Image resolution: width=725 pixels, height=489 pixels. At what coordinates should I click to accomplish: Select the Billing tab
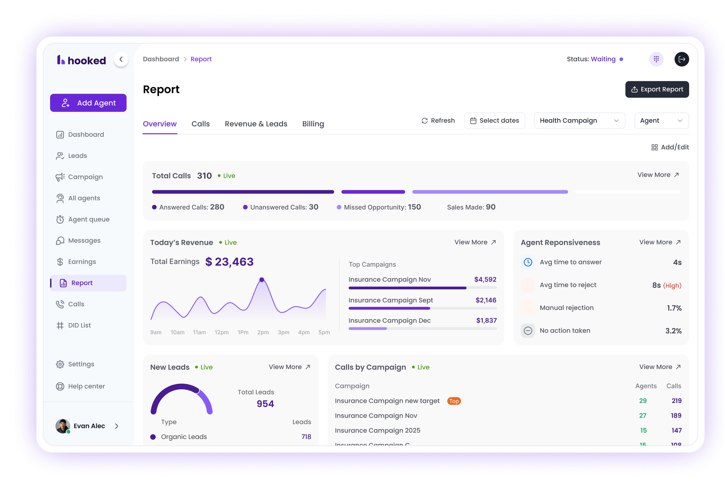[x=313, y=124]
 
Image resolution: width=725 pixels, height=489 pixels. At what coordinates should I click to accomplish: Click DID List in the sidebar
[x=79, y=325]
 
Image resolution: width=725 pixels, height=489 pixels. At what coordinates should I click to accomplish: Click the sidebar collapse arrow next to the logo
[x=121, y=59]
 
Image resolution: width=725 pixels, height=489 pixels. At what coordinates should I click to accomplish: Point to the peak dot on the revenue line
[x=262, y=280]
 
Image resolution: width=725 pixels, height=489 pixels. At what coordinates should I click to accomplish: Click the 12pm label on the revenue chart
[x=221, y=332]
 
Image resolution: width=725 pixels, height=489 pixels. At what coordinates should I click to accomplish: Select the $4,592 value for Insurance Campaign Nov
[x=485, y=279]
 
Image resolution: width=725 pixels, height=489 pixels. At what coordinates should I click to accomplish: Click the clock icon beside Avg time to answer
[x=528, y=262]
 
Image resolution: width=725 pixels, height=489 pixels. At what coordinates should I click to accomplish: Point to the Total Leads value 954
[x=265, y=404]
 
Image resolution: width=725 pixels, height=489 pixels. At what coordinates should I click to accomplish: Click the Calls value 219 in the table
[x=676, y=401]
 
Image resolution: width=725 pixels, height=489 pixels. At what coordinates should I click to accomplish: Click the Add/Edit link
[x=670, y=147]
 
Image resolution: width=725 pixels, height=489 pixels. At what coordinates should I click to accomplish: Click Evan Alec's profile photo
[x=62, y=426]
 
